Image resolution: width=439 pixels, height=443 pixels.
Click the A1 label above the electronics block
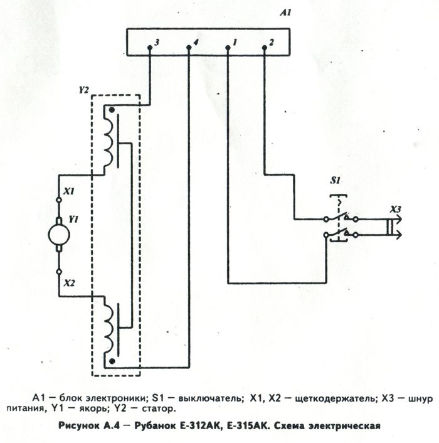pyautogui.click(x=285, y=13)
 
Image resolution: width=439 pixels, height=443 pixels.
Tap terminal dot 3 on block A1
pyautogui.click(x=150, y=48)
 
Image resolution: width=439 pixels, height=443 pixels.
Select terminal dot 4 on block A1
pyautogui.click(x=189, y=48)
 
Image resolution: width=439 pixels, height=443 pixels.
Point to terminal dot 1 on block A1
pyautogui.click(x=228, y=48)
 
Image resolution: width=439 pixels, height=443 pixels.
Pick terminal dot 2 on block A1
pyautogui.click(x=265, y=48)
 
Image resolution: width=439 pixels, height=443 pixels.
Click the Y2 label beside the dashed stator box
pyautogui.click(x=83, y=90)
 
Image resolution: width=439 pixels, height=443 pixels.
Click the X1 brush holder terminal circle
pyautogui.click(x=59, y=200)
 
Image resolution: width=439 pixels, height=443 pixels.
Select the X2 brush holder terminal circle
pyautogui.click(x=59, y=272)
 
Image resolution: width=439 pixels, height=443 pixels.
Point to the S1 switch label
pyautogui.click(x=336, y=180)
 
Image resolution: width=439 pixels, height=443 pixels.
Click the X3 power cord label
pyautogui.click(x=395, y=210)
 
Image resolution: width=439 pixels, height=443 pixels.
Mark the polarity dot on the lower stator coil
pyautogui.click(x=112, y=361)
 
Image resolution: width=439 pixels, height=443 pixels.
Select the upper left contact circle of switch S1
pyautogui.click(x=326, y=219)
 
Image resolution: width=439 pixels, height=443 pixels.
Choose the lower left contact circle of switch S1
pyautogui.click(x=326, y=235)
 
